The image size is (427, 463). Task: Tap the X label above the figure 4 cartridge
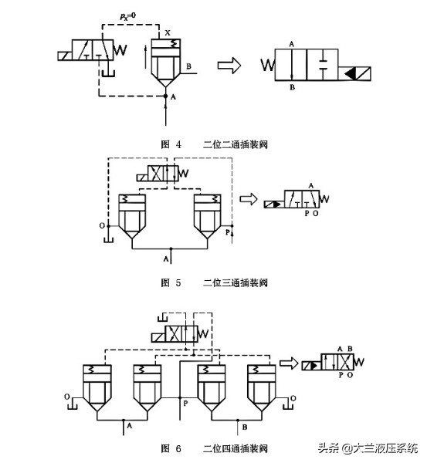point(168,33)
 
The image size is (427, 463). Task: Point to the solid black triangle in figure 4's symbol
point(354,74)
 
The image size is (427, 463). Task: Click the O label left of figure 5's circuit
point(101,227)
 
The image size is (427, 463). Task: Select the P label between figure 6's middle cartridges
point(185,402)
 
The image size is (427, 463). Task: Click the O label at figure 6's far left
point(66,398)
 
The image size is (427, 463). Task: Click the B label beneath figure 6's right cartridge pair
point(244,425)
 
